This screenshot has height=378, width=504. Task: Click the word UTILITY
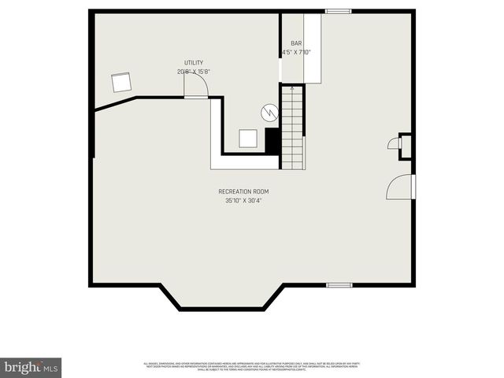[194, 62]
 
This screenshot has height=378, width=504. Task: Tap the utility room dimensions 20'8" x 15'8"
[194, 72]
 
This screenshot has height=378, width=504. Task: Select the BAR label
[296, 44]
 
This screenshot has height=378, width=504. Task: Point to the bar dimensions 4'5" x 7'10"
[296, 53]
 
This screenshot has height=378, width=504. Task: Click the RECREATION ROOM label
[243, 191]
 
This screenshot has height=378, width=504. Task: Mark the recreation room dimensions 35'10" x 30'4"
[243, 201]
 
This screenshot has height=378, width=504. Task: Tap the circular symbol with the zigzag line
[270, 112]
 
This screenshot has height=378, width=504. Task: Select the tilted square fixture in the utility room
[122, 82]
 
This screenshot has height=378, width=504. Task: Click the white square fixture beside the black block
[249, 139]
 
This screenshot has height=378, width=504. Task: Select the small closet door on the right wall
[394, 143]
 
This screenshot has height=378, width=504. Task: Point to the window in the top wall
[339, 11]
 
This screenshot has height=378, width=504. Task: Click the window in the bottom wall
[339, 284]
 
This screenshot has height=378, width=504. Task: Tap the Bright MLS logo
[32, 367]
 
